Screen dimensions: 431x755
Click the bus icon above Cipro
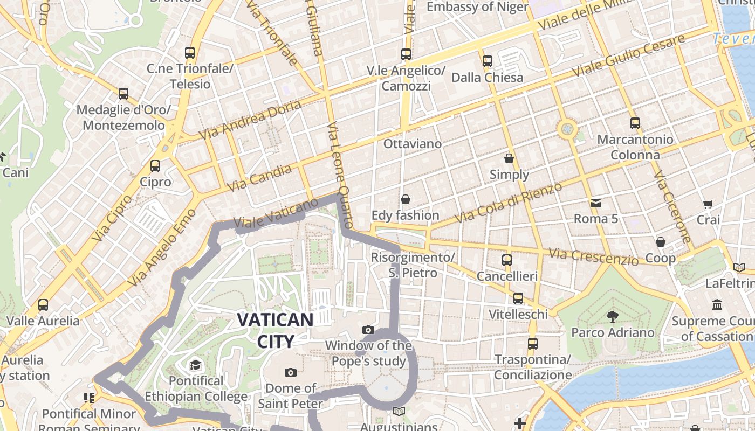[x=155, y=165]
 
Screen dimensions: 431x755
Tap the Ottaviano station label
[x=412, y=144]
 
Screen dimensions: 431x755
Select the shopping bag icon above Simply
[x=509, y=158]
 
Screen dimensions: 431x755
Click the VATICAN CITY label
[x=275, y=330]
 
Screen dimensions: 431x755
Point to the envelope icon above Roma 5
[x=596, y=203]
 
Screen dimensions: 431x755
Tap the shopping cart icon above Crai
[x=708, y=204]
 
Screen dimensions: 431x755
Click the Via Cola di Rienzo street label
[x=509, y=203]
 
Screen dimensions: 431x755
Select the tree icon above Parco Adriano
[x=613, y=316]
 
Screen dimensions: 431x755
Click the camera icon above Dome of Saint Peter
[x=291, y=372]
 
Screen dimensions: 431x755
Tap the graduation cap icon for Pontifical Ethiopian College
[x=195, y=365]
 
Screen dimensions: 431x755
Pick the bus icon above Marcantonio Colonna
[x=635, y=123]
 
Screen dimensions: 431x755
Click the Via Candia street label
[x=259, y=178]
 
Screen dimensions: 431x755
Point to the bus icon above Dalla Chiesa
[x=488, y=61]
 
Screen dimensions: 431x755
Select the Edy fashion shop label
[x=406, y=215]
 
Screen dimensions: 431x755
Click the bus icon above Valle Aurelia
[x=43, y=305]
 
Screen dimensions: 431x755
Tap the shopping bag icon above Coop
[x=661, y=242]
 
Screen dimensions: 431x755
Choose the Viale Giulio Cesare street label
[x=628, y=55]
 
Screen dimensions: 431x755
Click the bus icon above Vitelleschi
[x=518, y=298]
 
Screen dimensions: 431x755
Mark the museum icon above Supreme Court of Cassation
[x=717, y=305]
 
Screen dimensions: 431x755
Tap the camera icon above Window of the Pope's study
[x=368, y=330]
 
